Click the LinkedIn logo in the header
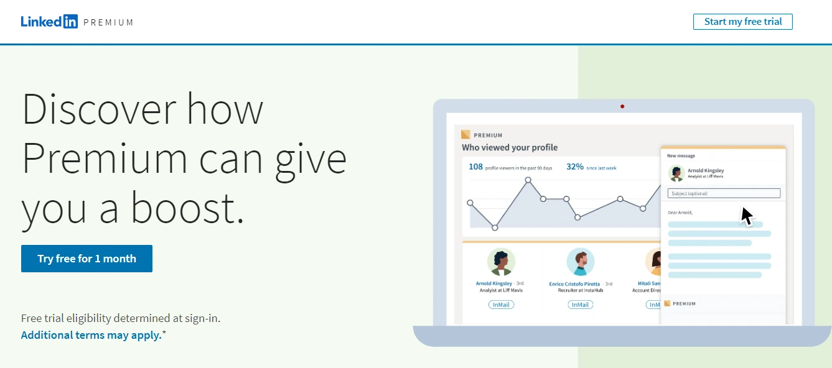tap(49, 22)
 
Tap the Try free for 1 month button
tap(86, 259)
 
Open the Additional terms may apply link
tap(91, 335)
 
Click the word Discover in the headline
tap(99, 109)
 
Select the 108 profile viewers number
tap(475, 167)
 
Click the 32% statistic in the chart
tap(574, 167)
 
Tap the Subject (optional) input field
tap(724, 193)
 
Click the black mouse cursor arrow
tap(747, 216)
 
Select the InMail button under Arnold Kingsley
tap(501, 305)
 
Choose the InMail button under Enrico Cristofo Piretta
tap(580, 305)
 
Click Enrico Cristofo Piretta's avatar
tap(581, 262)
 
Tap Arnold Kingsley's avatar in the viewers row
tap(501, 262)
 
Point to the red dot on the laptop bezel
tap(622, 106)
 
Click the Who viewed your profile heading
tap(510, 148)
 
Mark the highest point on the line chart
tap(528, 180)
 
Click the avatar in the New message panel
tap(676, 173)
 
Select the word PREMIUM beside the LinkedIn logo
tap(108, 22)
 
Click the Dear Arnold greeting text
tap(680, 213)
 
